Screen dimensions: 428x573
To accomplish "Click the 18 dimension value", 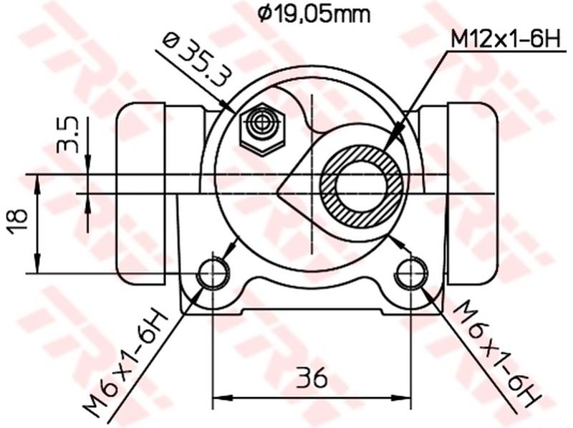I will click(x=19, y=223).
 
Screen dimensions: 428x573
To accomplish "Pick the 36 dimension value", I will click(x=312, y=375).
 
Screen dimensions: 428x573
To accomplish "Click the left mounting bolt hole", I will click(x=213, y=272).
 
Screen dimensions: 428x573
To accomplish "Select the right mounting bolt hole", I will click(x=411, y=272).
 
